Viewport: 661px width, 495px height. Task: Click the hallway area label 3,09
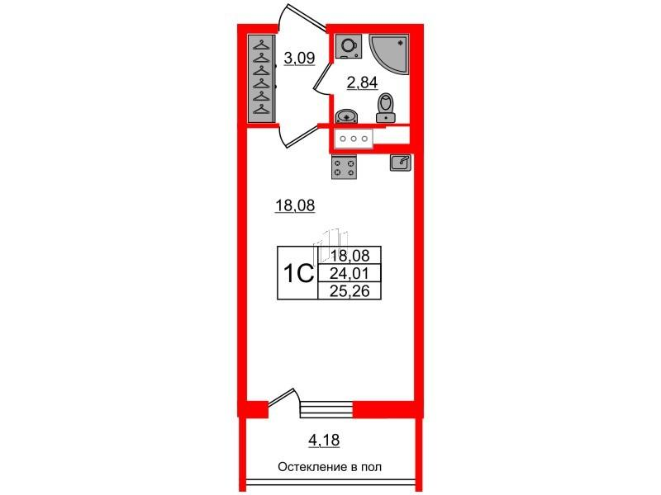coord(299,58)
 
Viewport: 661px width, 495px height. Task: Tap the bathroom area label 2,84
coord(362,83)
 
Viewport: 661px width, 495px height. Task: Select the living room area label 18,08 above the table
coord(295,205)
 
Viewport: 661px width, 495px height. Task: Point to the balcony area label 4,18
coord(324,441)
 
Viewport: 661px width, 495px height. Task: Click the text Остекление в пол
coord(330,467)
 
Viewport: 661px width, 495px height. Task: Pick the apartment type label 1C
coord(298,274)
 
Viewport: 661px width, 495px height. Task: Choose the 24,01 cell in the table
coord(350,274)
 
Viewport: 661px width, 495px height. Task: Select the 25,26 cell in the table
coord(350,291)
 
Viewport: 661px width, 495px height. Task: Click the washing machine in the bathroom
coord(348,46)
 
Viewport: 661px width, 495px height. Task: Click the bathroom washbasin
coord(346,116)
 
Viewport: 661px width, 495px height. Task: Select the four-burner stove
coord(345,167)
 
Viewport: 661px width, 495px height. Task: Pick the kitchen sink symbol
coord(401,163)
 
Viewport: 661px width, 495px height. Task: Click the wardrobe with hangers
coord(262,78)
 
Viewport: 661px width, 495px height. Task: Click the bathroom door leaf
coord(322,77)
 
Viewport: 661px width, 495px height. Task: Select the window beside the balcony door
coord(326,409)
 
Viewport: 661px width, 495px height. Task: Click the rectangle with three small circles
coord(354,138)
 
